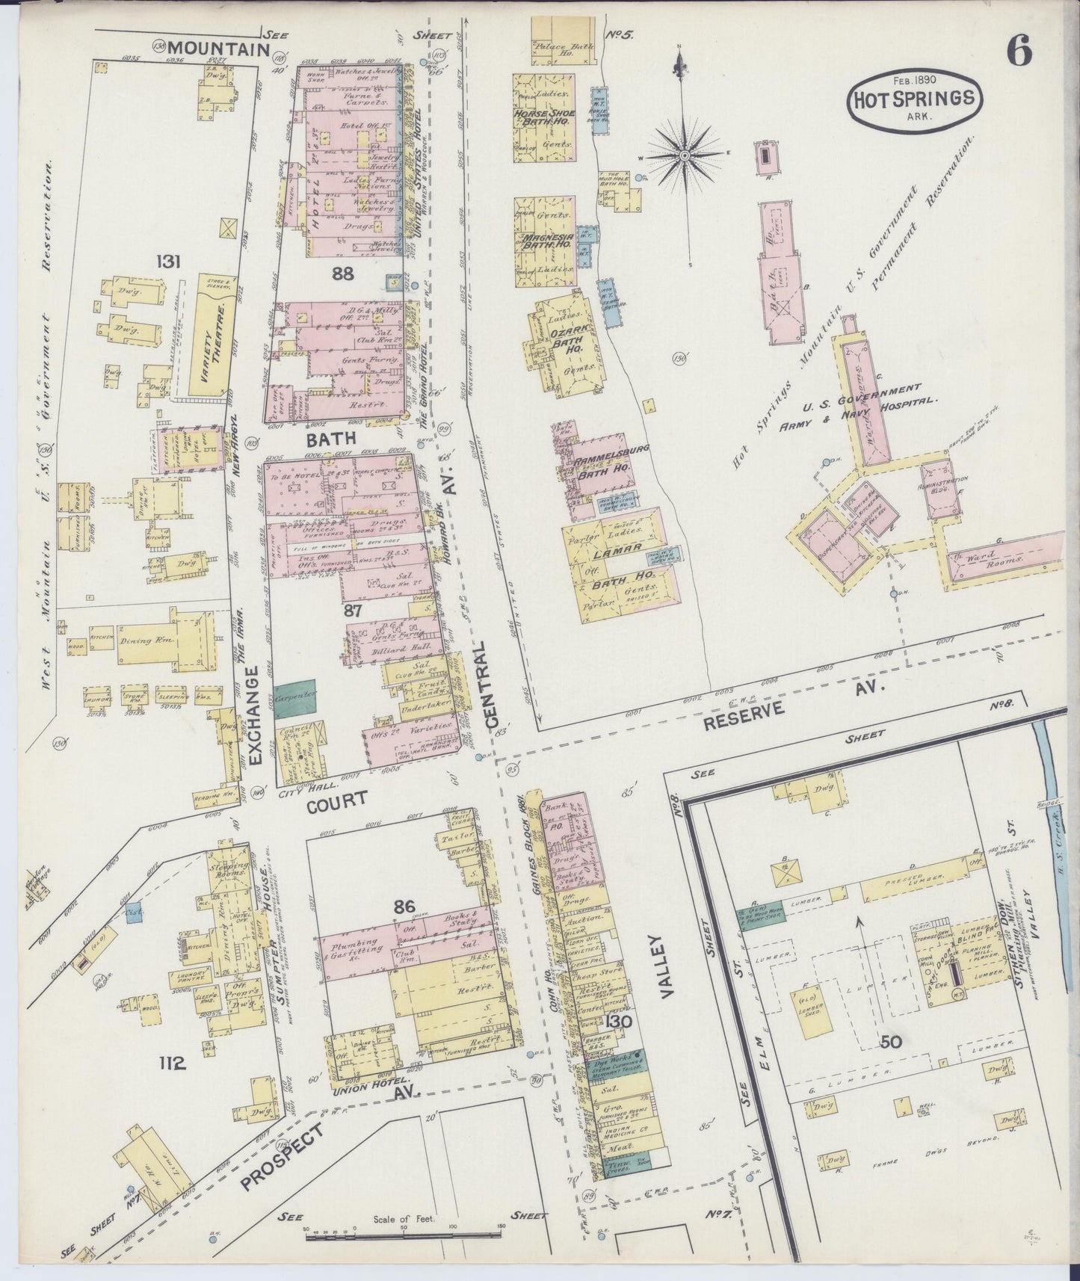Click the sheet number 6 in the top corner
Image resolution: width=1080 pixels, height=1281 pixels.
1019,50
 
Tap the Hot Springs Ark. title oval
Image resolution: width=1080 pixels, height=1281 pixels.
914,98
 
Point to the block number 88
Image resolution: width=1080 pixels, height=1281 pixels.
343,274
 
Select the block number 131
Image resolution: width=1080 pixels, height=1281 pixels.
169,262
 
